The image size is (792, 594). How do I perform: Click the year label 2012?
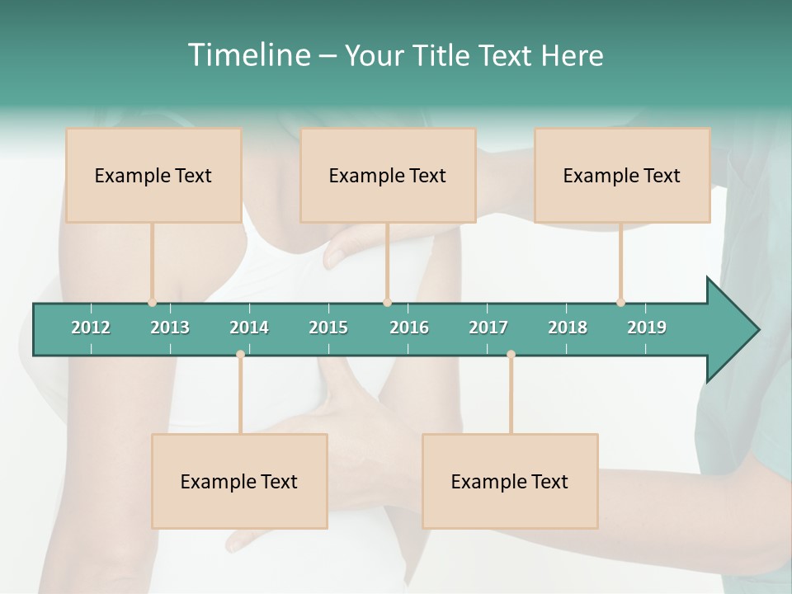91,328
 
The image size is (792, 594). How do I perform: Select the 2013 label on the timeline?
170,328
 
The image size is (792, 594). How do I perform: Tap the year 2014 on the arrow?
249,328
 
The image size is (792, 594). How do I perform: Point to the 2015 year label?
328,328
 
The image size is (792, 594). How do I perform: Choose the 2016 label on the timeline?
409,328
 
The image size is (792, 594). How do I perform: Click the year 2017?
488,328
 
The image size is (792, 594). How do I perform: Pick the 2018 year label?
568,328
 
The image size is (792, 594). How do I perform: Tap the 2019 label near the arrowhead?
647,328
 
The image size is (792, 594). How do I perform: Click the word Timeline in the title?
247,54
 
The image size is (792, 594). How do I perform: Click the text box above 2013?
153,175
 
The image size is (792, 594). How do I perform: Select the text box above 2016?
388,175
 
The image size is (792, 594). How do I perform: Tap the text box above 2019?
622,175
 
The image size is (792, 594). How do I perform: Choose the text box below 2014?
239,481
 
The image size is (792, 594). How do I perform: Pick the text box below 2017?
510,481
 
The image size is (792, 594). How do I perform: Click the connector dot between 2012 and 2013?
152,303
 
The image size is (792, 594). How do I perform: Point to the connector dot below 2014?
240,355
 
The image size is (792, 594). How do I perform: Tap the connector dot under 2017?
511,355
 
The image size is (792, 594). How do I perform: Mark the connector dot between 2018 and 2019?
620,303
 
